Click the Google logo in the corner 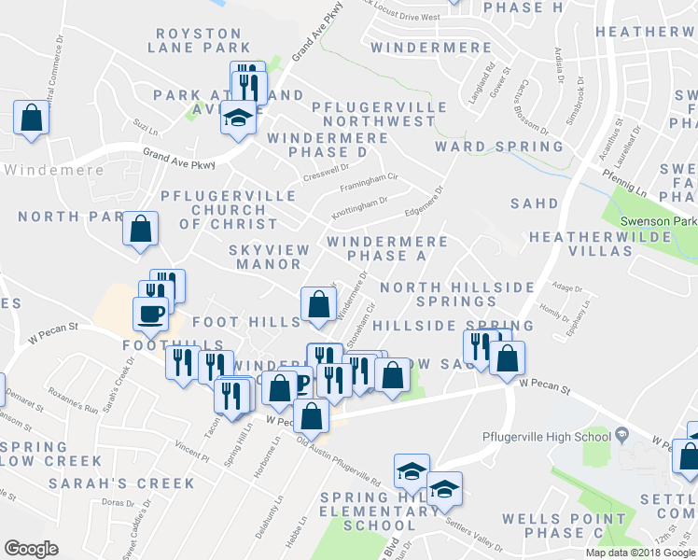[x=32, y=549]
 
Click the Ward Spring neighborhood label [x=499, y=147]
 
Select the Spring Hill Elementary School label [x=379, y=511]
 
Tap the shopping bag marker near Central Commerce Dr [x=32, y=118]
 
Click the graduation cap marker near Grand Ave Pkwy [x=238, y=119]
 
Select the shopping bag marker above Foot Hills [x=318, y=303]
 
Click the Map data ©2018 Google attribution [x=639, y=553]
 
